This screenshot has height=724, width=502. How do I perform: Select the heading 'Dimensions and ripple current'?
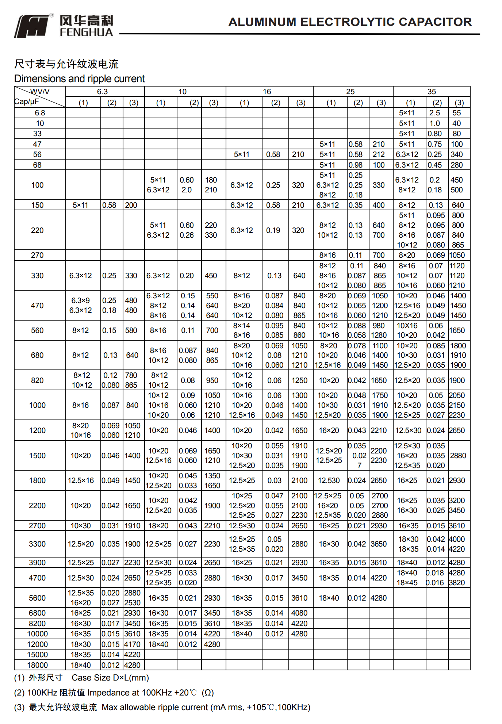coord(79,79)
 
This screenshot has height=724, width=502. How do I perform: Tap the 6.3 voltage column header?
coord(102,92)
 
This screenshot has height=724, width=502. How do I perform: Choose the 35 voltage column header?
coord(432,92)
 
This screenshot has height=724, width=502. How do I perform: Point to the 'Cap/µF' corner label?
coord(26,102)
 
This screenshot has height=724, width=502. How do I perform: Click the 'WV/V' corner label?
coord(40,91)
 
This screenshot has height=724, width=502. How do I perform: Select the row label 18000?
coord(37,665)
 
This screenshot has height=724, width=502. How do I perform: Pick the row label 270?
coord(37,255)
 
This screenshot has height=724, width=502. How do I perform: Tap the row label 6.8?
coord(40,113)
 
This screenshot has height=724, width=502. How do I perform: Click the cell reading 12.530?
coord(329,480)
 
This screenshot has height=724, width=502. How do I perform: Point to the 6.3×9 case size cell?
coord(80,300)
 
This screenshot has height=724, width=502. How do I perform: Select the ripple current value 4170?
coord(132,644)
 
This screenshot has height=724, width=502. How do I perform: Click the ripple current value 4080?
coord(299,613)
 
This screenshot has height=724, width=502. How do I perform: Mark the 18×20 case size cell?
coord(158,526)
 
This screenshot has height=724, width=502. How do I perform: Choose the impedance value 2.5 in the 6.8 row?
coord(434,113)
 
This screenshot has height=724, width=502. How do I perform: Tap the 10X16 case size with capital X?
coord(407,325)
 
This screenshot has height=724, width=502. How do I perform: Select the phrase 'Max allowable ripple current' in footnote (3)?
coord(155,708)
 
